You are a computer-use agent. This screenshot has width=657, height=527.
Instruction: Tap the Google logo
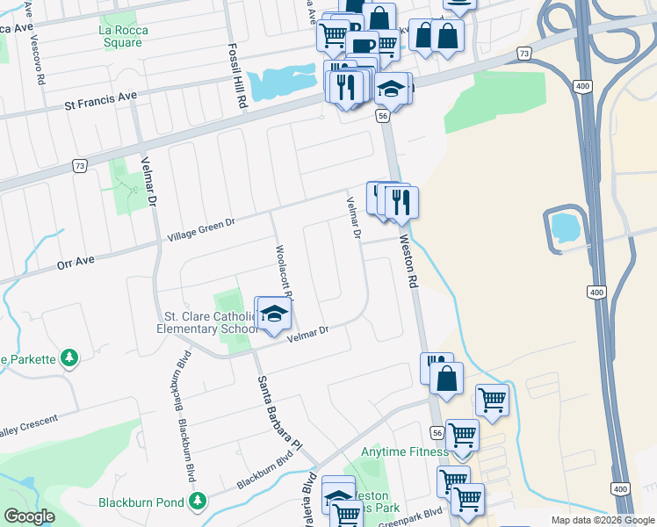[30, 516]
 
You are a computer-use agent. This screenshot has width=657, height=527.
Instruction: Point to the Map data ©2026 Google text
[603, 520]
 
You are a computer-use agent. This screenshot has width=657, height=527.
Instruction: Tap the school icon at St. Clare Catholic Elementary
[274, 314]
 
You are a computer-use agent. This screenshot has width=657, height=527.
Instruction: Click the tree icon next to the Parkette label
[69, 357]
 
